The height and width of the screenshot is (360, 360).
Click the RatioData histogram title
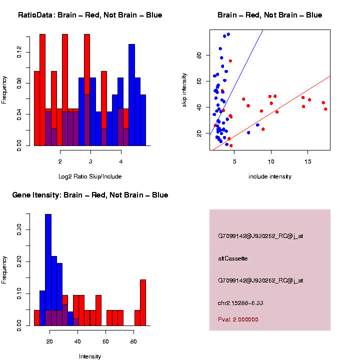pos(90,15)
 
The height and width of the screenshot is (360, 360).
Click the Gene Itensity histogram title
pos(90,195)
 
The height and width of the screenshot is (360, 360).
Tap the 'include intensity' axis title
pos(270,176)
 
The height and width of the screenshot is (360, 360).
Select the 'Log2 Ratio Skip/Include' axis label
pos(90,176)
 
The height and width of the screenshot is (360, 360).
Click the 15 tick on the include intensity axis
pos(307,161)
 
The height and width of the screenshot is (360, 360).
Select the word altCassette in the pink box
pos(233,258)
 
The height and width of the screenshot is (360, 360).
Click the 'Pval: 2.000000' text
pos(238,319)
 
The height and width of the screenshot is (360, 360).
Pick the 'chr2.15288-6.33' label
pos(240,302)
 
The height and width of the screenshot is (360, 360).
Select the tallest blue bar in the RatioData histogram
pos(131,90)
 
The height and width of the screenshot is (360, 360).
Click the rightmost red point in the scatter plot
pos(325,109)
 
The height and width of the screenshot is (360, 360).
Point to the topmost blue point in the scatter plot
pos(228,34)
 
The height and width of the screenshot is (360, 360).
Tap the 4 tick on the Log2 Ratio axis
pos(121,161)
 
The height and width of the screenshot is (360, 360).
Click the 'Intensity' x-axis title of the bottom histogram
pos(90,356)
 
